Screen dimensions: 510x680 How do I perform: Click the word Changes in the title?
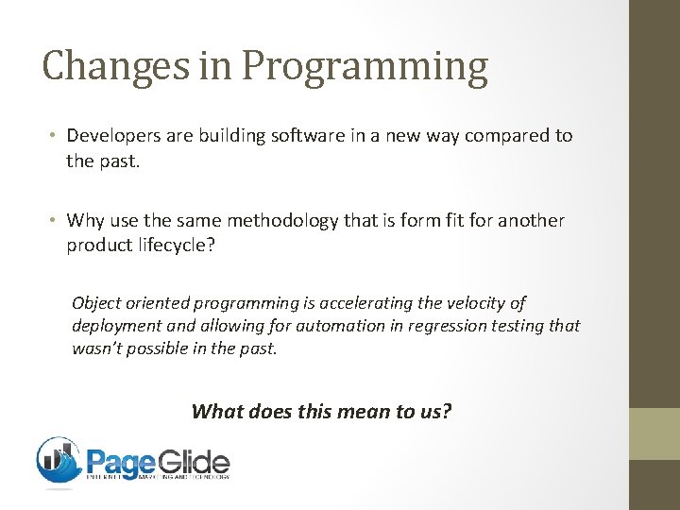(x=91, y=66)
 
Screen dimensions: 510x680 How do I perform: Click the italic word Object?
(x=98, y=303)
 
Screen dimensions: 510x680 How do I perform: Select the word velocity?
(x=473, y=303)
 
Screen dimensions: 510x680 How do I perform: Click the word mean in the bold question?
(x=363, y=411)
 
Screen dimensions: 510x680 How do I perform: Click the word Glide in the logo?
(x=192, y=463)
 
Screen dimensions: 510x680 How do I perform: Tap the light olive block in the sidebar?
(x=654, y=433)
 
